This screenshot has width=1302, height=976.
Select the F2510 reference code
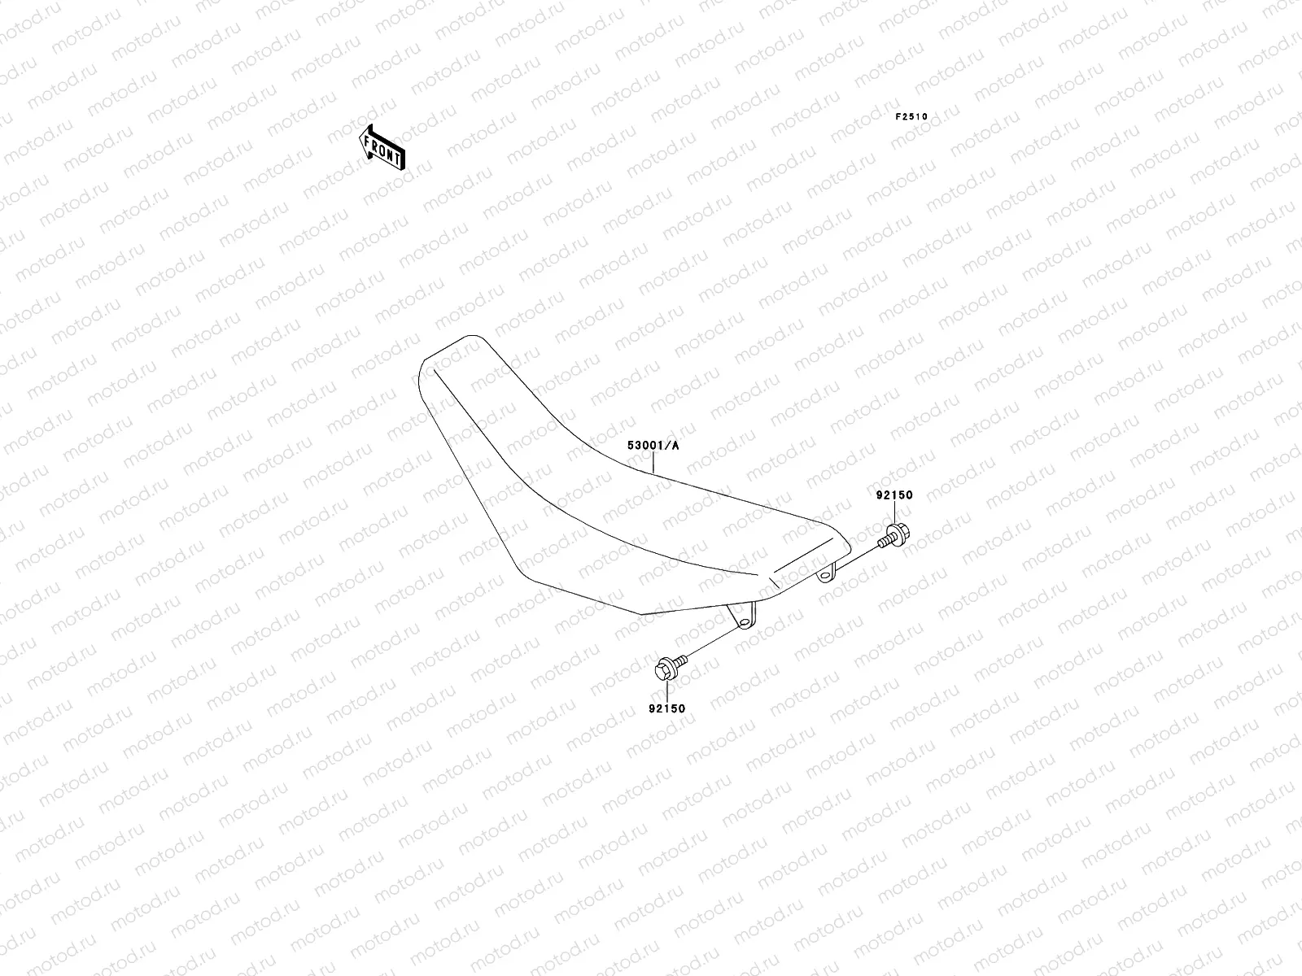click(911, 116)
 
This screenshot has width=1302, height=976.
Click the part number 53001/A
click(653, 446)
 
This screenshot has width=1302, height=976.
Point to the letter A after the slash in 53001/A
click(675, 446)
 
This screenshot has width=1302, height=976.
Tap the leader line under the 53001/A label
click(653, 462)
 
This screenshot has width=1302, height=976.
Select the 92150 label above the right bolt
click(894, 495)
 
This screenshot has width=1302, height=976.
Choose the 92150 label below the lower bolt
click(666, 708)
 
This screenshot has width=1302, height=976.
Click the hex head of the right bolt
click(899, 534)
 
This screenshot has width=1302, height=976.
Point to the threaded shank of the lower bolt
click(681, 660)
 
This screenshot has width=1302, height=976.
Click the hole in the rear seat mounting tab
click(825, 576)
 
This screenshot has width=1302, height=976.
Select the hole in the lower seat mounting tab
click(743, 621)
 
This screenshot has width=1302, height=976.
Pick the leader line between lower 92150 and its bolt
click(665, 691)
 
